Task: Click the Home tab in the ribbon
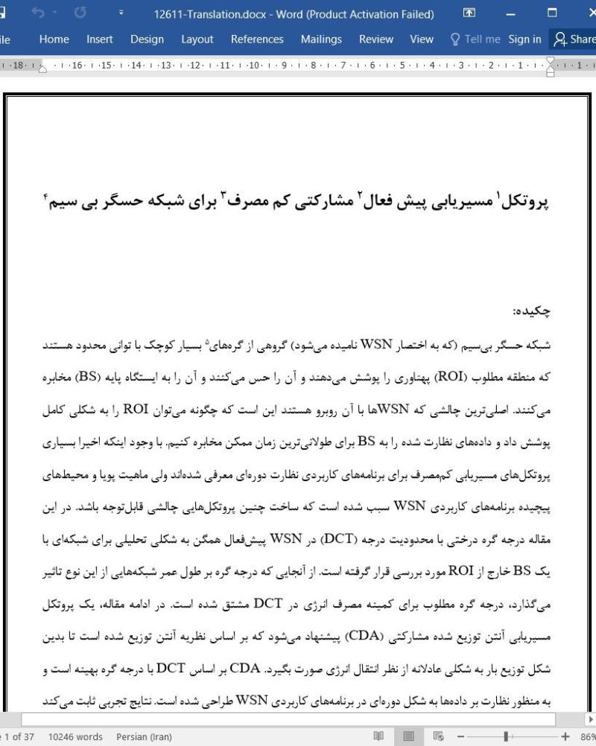pos(54,39)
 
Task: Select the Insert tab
pos(100,39)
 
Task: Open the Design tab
pos(147,39)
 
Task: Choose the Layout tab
pos(197,39)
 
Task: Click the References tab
pos(257,39)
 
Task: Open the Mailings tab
pos(321,39)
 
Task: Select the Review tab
pos(376,39)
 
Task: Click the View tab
pos(422,39)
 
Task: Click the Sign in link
pos(524,39)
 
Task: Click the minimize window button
pos(510,13)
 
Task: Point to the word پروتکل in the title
pos(526,203)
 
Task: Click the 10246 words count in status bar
pos(76,737)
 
